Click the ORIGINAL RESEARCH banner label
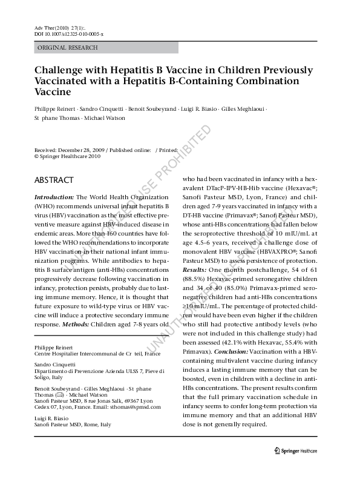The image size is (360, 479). [x=68, y=48]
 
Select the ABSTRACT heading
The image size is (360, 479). [x=54, y=180]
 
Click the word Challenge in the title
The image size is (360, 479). [x=58, y=71]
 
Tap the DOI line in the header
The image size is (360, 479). [x=69, y=34]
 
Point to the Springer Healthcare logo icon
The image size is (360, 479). [x=277, y=451]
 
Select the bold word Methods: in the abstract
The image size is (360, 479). [x=76, y=325]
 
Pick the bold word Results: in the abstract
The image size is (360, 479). [x=195, y=270]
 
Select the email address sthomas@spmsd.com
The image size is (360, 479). [x=136, y=407]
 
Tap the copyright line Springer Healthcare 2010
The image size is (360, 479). [x=67, y=156]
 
